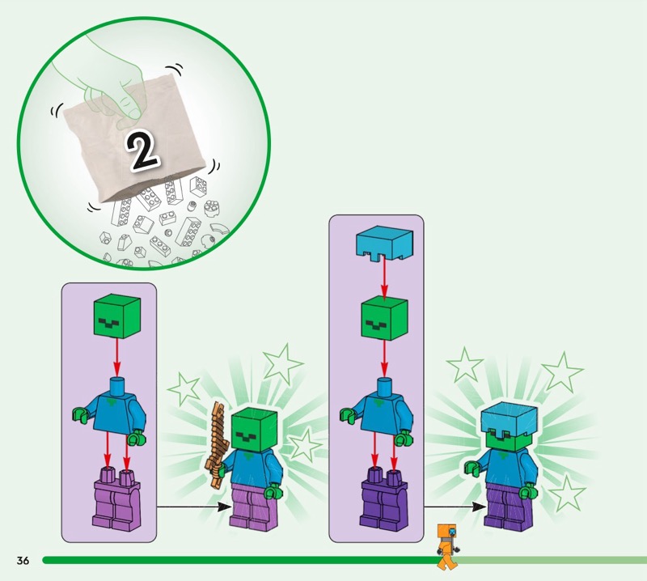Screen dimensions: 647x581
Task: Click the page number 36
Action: tap(23, 560)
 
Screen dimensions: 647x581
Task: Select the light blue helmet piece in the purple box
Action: tap(383, 244)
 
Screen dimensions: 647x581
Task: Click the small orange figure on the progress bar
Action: tap(448, 546)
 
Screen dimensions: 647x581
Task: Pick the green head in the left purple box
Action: tap(117, 317)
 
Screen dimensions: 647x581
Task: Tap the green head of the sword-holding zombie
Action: tap(254, 430)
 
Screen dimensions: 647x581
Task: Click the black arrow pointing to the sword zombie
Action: tap(194, 507)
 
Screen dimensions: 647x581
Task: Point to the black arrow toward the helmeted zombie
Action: tap(455, 507)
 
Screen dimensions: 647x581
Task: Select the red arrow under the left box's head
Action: tap(117, 358)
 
